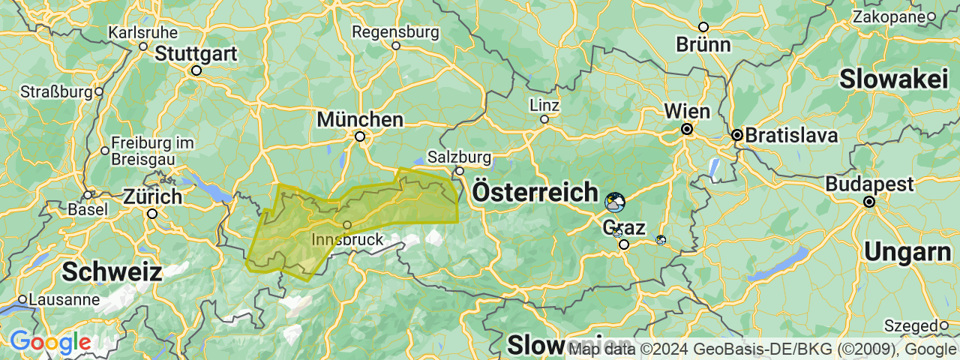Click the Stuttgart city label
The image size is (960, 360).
click(x=196, y=54)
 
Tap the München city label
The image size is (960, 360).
click(x=360, y=120)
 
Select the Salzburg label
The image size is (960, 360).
click(x=459, y=157)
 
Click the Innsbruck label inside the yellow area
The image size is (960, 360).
click(x=346, y=240)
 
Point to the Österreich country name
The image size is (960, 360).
click(x=535, y=192)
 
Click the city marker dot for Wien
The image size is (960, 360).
click(x=686, y=129)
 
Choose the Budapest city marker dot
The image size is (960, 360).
click(x=868, y=202)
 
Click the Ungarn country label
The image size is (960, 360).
click(x=907, y=253)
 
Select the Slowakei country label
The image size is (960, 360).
click(x=894, y=79)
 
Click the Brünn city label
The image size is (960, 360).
click(x=703, y=45)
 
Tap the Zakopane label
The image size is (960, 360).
click(x=888, y=16)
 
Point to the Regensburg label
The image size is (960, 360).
click(x=395, y=32)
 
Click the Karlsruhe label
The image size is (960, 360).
click(x=142, y=33)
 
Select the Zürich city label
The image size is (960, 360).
click(x=152, y=197)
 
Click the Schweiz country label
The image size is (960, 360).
click(x=112, y=271)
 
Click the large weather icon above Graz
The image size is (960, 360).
click(x=615, y=202)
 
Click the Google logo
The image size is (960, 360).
click(x=50, y=343)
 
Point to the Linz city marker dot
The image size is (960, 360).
click(x=544, y=118)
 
